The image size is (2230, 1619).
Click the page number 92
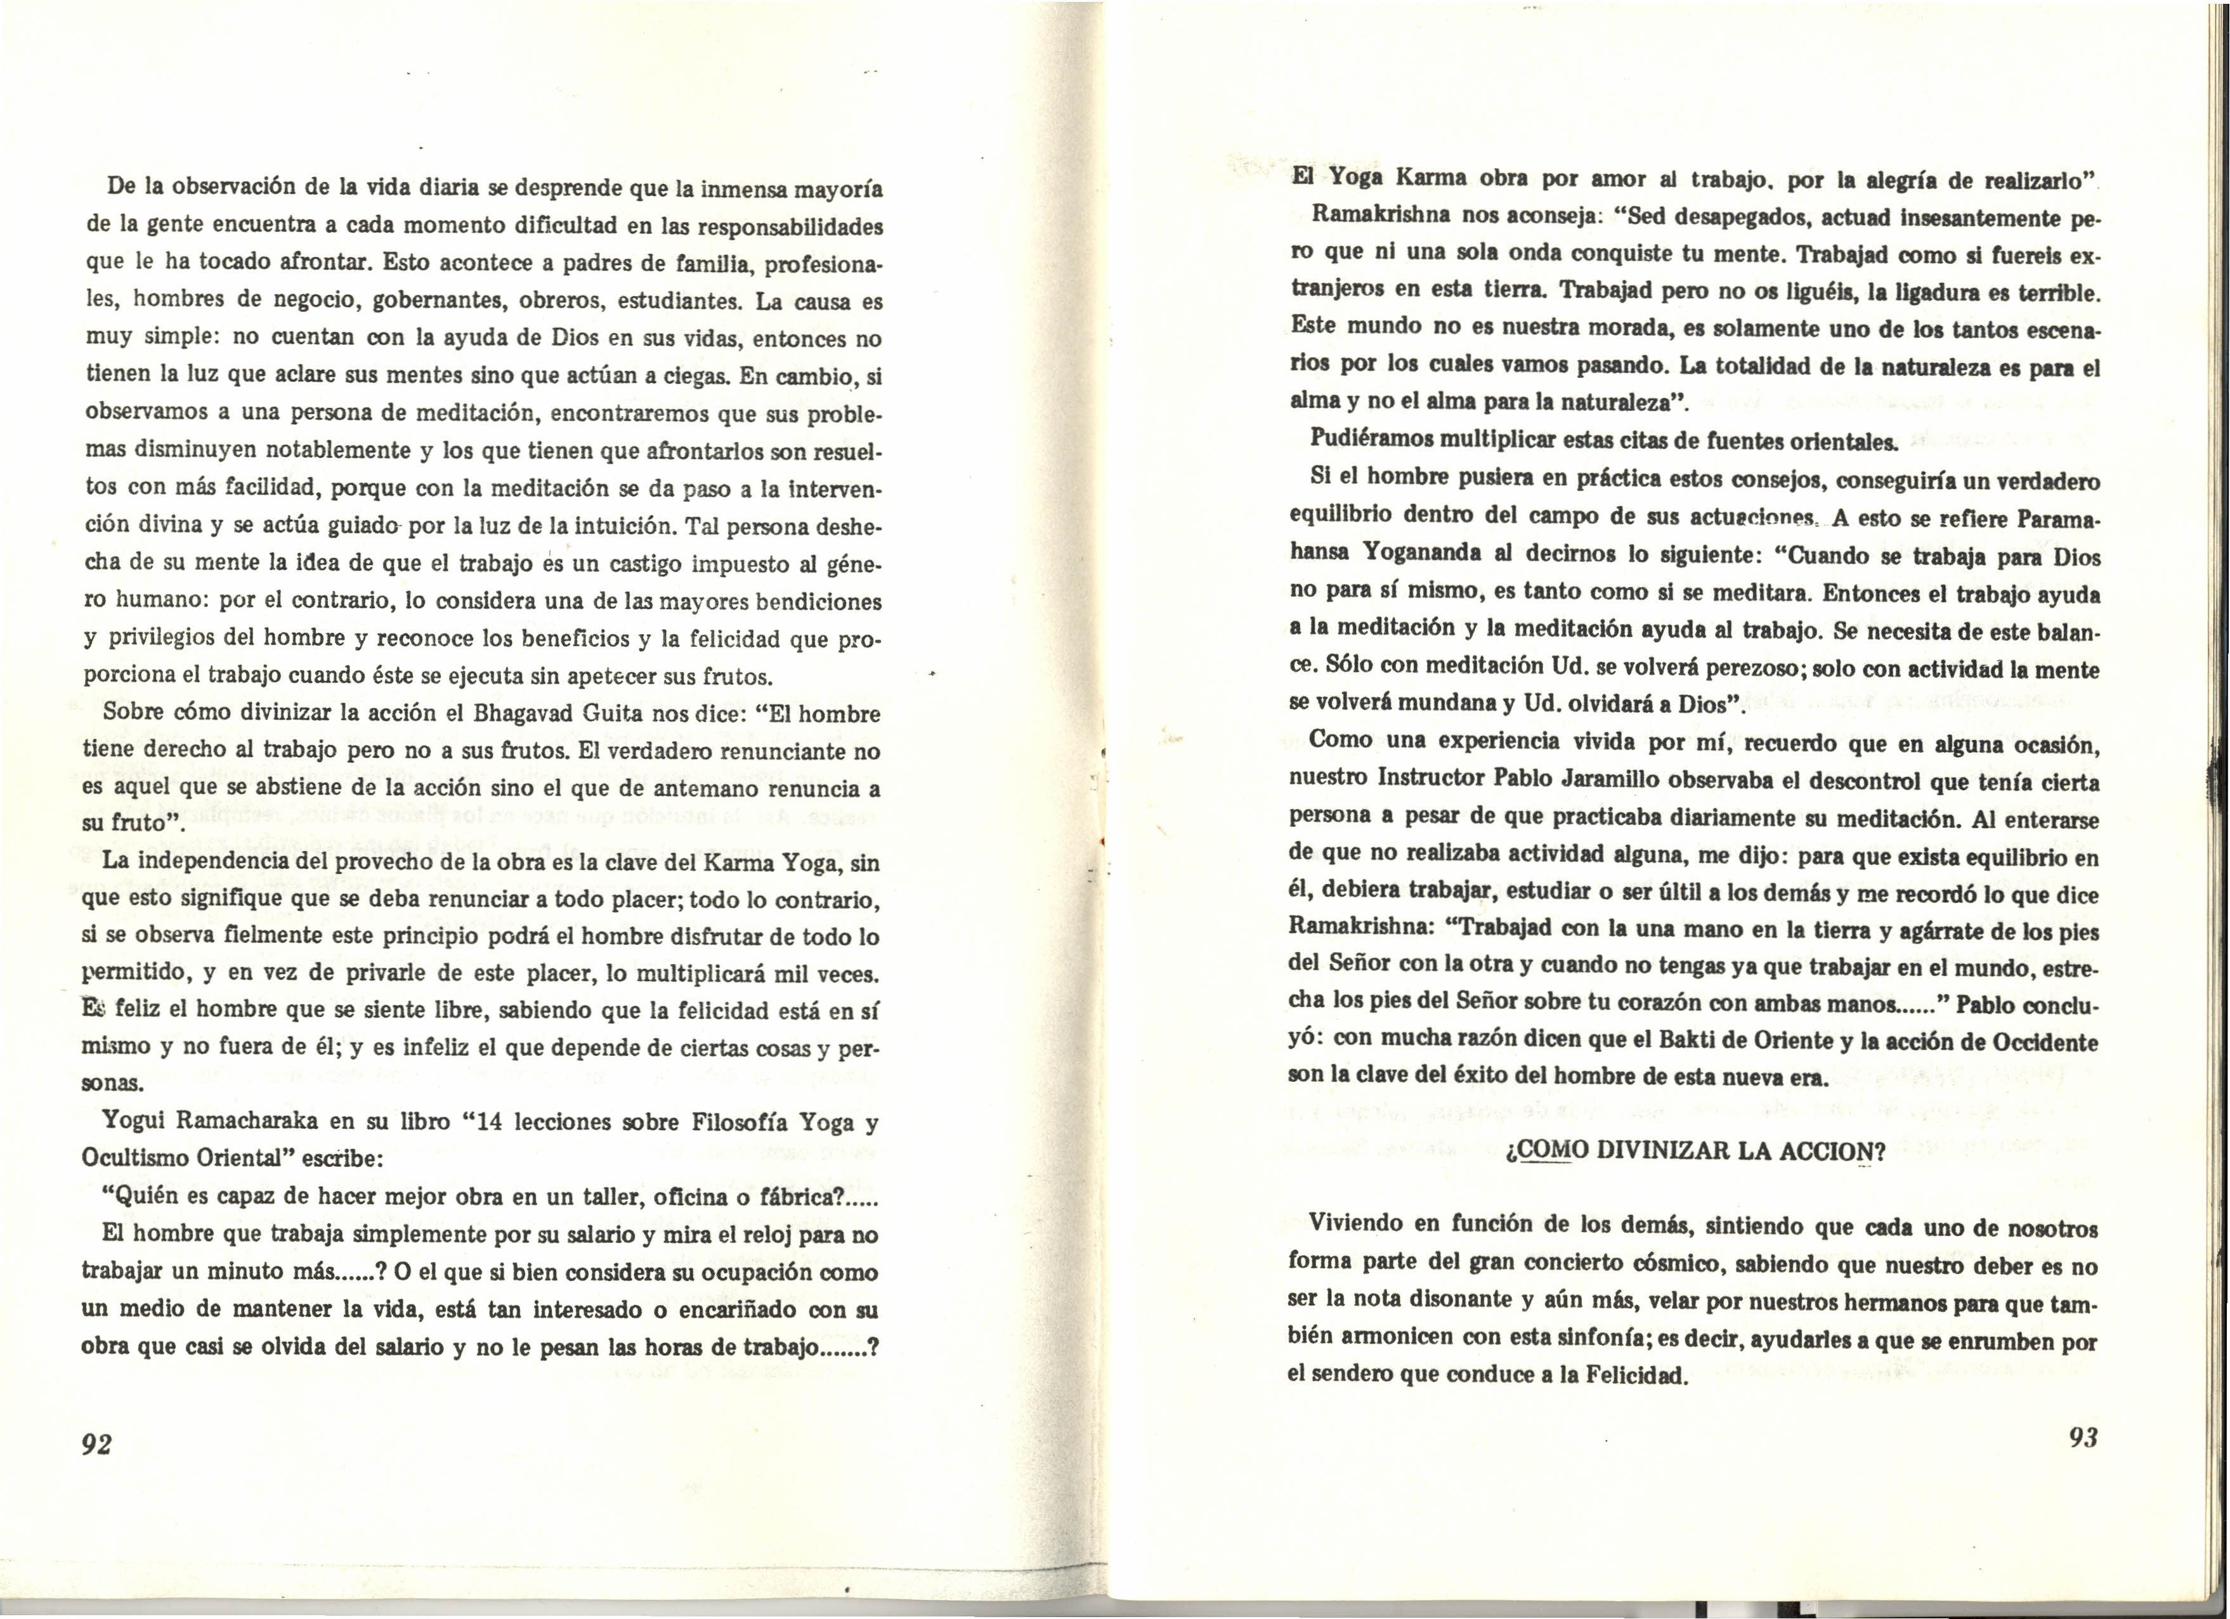coord(97,1443)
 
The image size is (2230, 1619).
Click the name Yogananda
coord(1431,556)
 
